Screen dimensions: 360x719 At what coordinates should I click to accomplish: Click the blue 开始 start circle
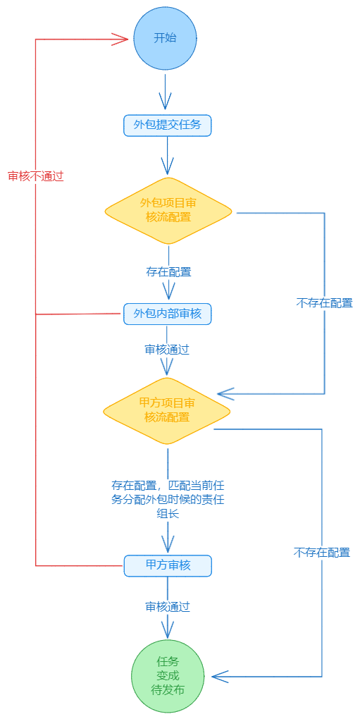165,39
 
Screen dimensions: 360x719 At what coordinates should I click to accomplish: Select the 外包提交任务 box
168,125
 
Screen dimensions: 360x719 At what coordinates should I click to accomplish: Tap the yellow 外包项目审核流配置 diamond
168,211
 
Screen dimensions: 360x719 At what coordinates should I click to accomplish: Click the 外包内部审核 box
168,314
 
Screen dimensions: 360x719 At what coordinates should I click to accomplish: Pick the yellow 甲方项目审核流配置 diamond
167,411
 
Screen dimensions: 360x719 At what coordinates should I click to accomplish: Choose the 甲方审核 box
168,566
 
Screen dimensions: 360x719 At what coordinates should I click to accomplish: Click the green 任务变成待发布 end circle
168,676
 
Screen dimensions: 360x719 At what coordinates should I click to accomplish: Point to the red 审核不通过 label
36,176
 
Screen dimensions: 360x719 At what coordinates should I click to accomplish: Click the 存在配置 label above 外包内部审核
168,272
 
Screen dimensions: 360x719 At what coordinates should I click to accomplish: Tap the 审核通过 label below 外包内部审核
167,350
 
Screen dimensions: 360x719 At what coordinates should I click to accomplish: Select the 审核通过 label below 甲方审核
168,607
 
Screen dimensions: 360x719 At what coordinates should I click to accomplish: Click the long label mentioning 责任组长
168,499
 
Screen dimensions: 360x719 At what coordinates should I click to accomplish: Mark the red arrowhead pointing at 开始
120,39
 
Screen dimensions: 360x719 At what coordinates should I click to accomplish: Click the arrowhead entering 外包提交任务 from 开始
165,102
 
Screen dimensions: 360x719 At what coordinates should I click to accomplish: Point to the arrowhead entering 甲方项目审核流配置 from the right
226,393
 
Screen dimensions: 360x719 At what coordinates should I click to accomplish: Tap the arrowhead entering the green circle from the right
221,677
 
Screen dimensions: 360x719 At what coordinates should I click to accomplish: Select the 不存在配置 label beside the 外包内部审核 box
324,303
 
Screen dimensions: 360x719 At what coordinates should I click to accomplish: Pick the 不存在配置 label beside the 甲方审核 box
321,553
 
